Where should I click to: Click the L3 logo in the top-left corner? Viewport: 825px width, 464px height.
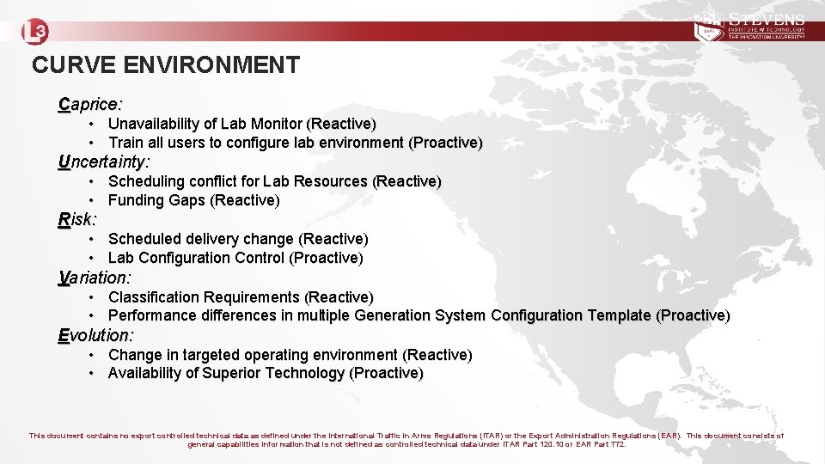(x=35, y=32)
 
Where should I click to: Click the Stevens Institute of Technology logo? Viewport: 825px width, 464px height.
(x=749, y=27)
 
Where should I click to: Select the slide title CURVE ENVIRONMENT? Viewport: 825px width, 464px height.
(x=166, y=65)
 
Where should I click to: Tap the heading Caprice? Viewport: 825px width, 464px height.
(x=90, y=105)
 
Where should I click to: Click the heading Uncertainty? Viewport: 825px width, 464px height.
(x=104, y=162)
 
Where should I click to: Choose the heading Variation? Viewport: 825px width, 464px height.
(x=95, y=278)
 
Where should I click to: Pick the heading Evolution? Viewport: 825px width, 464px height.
(x=95, y=335)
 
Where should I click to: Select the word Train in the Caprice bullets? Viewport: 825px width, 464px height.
(x=125, y=143)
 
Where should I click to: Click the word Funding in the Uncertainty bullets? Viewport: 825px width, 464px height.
(x=135, y=200)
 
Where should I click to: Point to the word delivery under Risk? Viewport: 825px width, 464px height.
(x=212, y=239)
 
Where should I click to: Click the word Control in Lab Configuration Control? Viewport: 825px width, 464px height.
(x=260, y=258)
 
